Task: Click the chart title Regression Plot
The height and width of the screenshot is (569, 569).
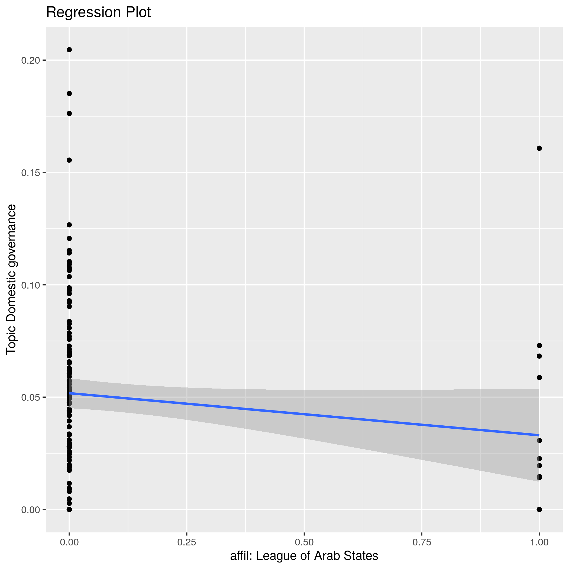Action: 98,13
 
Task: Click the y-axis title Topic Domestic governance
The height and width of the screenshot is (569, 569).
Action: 11,279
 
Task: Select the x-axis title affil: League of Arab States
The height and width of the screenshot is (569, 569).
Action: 304,556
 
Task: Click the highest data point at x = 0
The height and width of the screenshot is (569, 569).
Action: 69,50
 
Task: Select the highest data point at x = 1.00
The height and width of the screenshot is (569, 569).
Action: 539,148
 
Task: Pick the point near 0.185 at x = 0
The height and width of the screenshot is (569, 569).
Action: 69,94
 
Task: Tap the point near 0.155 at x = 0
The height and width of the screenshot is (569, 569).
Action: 69,160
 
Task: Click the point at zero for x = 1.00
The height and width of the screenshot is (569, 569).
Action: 539,509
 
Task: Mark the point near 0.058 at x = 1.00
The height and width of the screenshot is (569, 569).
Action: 539,377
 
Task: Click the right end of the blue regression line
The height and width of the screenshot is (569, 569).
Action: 538,435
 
